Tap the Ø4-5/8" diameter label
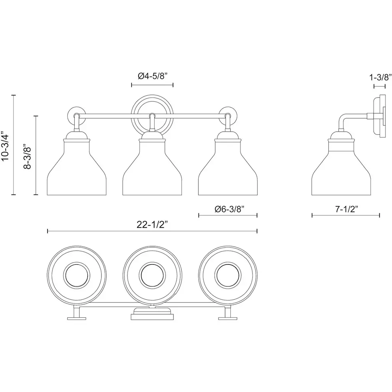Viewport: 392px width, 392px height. [x=152, y=76]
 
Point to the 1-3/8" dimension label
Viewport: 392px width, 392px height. [x=381, y=77]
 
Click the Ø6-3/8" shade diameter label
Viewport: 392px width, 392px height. [x=229, y=209]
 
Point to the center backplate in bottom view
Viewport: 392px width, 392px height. [x=152, y=314]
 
